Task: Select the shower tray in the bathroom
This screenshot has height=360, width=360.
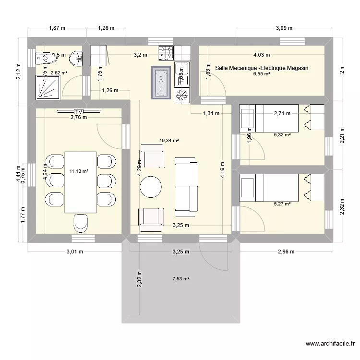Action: [x=48, y=88]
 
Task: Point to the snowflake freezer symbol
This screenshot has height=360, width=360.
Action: [x=182, y=96]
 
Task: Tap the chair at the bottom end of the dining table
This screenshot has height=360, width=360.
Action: [x=80, y=223]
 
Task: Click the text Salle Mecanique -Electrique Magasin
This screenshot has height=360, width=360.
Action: [x=262, y=69]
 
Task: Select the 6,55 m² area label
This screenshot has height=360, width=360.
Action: [x=262, y=75]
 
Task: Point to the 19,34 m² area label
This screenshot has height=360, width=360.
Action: [x=169, y=141]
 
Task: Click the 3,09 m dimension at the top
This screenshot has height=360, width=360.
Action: [x=284, y=28]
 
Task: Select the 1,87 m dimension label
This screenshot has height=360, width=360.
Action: [x=57, y=28]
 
